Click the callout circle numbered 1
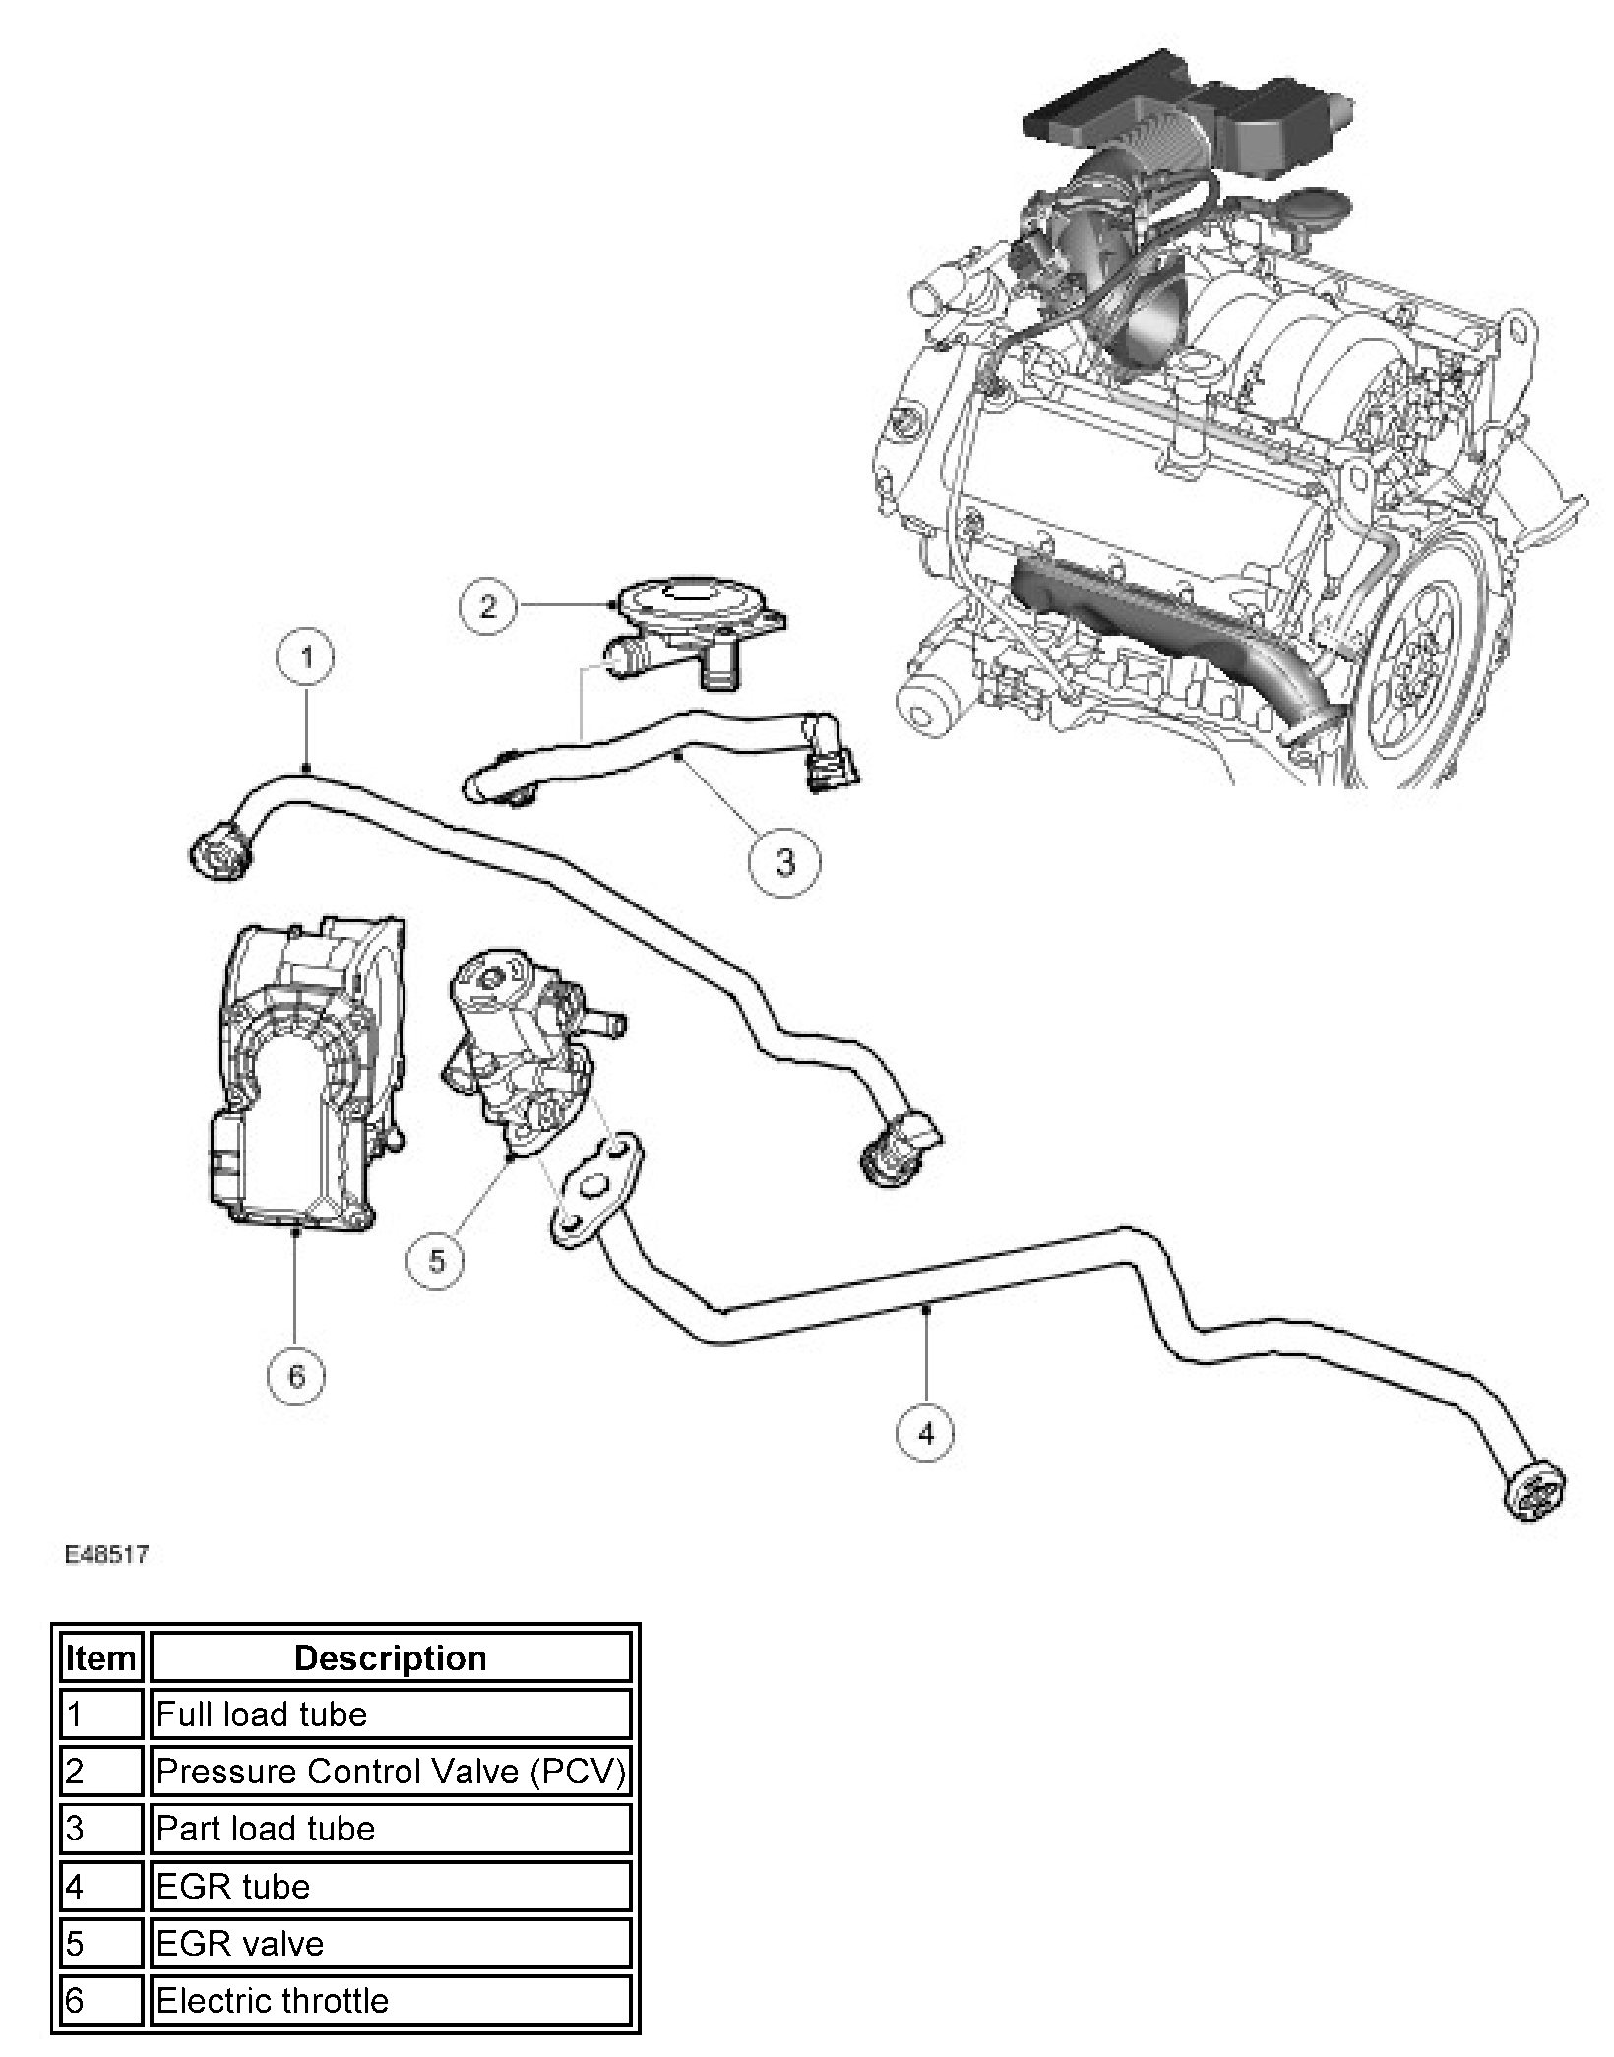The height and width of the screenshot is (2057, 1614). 308,656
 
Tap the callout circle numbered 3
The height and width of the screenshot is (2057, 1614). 784,862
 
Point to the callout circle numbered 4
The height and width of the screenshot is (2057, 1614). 926,1435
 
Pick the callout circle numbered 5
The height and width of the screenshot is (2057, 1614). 437,1262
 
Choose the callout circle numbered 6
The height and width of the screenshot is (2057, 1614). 296,1376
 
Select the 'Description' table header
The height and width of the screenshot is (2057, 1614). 390,1658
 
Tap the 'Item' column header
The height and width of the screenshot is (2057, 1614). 100,1658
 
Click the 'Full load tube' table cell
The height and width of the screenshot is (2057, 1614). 390,1714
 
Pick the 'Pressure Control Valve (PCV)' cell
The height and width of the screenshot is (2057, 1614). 390,1772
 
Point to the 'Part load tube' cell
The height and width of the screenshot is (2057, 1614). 390,1829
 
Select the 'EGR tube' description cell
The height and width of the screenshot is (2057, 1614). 390,1886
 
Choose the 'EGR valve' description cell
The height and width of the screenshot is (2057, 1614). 390,1943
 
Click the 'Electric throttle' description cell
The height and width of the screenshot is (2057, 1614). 390,2000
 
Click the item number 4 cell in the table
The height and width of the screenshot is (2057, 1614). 100,1886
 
